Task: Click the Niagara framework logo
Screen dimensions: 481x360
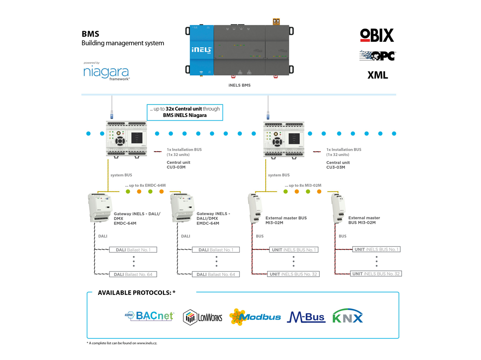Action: pos(106,72)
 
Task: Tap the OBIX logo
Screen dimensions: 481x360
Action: pos(377,36)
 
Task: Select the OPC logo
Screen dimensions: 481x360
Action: pos(377,56)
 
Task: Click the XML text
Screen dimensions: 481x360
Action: pos(377,75)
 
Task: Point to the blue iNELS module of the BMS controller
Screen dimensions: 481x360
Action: pos(201,50)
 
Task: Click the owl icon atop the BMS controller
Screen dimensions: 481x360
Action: pos(276,22)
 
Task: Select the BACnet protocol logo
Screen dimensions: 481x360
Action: pos(150,316)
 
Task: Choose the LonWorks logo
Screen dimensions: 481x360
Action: pos(203,317)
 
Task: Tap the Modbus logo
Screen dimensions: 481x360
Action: pos(255,317)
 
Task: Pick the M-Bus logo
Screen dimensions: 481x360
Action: pos(306,317)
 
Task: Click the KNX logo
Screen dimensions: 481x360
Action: pos(348,316)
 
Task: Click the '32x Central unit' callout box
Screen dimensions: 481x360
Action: pos(185,112)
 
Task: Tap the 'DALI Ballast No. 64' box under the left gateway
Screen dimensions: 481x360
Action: pos(133,274)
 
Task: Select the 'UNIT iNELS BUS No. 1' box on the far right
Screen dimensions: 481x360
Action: pos(377,249)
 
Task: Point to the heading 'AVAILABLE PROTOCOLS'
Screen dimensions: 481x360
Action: pos(136,292)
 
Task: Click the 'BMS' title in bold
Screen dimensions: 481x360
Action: pos(91,34)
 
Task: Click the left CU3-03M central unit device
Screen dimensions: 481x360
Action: pos(127,139)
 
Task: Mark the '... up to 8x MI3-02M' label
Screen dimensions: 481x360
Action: pos(303,185)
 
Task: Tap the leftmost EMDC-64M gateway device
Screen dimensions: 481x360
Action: pos(100,208)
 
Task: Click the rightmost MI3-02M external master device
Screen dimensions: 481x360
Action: pos(338,208)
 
